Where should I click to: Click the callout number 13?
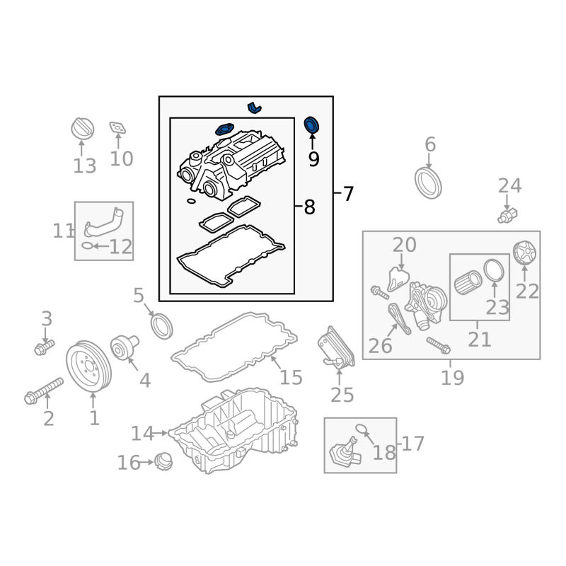pos(84,166)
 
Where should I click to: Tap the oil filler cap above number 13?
pos(82,129)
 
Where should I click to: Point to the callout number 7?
pos(347,193)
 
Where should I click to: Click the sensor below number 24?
pos(508,213)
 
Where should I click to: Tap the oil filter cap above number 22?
pos(524,252)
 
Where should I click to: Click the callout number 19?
pos(452,377)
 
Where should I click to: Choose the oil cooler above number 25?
pos(337,347)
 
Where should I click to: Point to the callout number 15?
pos(290,377)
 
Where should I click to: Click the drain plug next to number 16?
pos(164,463)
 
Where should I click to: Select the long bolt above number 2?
pos(45,391)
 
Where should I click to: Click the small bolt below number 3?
pos(44,347)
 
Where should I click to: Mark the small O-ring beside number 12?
pos(86,246)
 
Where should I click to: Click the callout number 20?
pos(405,245)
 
